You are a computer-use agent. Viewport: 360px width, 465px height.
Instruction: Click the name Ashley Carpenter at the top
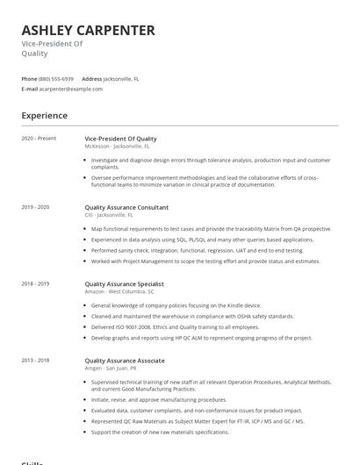tap(88, 30)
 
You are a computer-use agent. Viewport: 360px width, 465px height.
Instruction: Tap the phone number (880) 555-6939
tap(56, 79)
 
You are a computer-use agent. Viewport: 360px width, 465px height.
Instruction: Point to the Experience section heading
tap(45, 116)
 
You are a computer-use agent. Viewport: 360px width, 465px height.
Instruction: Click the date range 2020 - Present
tap(39, 139)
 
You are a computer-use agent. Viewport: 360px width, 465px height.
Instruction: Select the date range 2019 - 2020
tap(36, 207)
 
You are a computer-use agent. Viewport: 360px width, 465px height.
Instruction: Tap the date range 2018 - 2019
tap(36, 284)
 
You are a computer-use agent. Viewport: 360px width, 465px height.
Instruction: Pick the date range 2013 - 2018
tap(36, 361)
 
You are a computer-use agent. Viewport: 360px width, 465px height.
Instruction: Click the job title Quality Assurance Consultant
tap(126, 207)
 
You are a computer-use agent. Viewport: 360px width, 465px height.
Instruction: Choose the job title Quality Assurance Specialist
tap(124, 284)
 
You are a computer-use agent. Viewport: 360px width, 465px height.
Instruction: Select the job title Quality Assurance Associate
tap(124, 361)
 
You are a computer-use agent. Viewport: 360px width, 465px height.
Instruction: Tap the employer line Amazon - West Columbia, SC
tap(121, 291)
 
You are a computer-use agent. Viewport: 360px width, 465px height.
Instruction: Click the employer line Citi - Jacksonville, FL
tap(109, 215)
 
